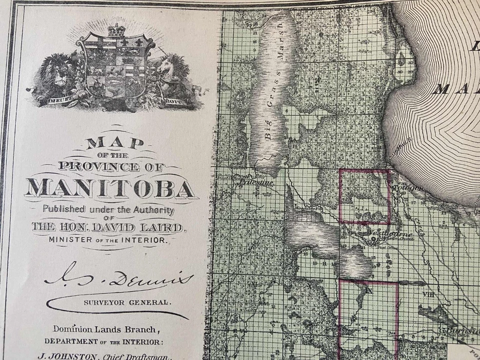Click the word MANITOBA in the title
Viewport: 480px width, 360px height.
[x=110, y=188]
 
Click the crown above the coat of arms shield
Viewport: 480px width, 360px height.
[x=116, y=30]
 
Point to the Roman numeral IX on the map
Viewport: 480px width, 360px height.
[x=369, y=289]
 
